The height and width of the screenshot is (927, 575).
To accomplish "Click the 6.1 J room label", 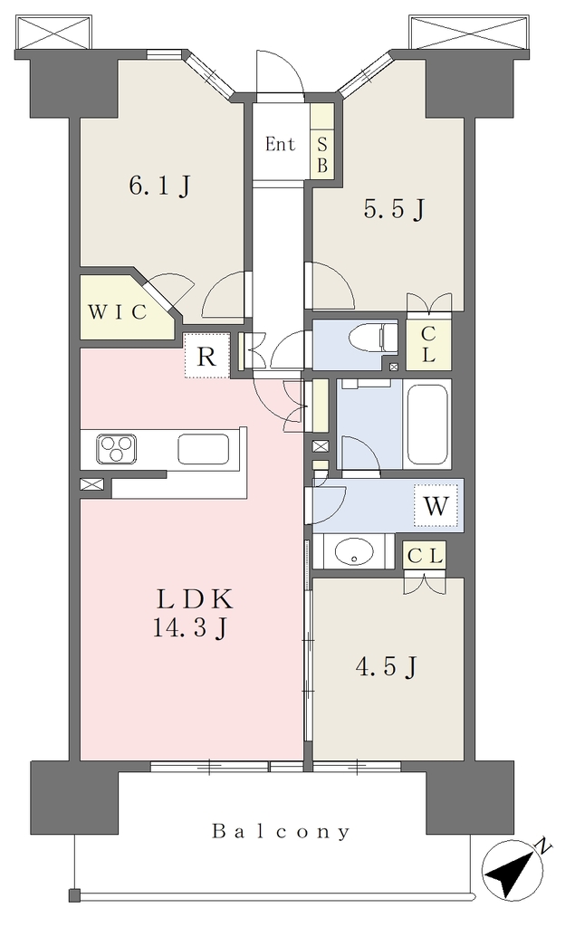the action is click(159, 186).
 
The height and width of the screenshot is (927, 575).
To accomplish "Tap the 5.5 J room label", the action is click(394, 209).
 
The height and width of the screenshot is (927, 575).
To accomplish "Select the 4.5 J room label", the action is click(387, 667).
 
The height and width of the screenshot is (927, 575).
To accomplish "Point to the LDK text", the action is click(195, 599).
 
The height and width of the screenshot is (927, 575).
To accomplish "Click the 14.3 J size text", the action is click(190, 628).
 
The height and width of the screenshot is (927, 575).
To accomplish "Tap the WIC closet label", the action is click(118, 311).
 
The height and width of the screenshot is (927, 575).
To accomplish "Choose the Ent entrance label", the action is click(280, 144).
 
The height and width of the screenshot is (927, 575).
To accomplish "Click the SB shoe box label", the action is click(322, 156).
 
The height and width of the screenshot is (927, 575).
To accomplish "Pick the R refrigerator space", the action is click(206, 357).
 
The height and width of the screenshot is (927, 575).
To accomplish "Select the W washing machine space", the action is click(436, 506).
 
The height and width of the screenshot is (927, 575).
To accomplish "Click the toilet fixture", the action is click(373, 339).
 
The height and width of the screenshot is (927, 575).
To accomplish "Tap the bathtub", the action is click(427, 425).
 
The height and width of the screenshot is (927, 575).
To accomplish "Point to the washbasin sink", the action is click(354, 552).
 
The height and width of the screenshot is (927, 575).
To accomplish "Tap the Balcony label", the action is click(281, 833).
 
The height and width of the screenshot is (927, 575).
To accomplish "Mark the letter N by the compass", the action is click(542, 848).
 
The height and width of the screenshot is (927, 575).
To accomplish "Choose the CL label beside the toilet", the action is click(428, 345).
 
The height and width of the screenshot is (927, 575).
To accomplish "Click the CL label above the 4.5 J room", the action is click(425, 557).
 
